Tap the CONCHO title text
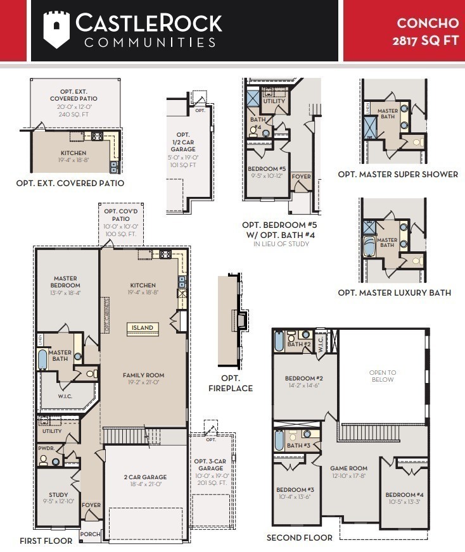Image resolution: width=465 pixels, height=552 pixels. click(428, 23)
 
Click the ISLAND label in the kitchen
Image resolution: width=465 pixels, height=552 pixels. click(143, 328)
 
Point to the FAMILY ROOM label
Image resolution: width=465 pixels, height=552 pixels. click(143, 375)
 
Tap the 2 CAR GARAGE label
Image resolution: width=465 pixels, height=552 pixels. click(145, 477)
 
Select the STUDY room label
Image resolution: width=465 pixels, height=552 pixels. click(58, 495)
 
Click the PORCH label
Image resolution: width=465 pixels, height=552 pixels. click(91, 534)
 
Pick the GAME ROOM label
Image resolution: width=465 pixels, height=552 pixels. click(348, 468)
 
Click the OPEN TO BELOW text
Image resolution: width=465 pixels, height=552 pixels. click(383, 376)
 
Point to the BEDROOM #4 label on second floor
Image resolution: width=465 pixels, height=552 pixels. click(404, 494)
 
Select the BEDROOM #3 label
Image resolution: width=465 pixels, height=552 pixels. click(295, 490)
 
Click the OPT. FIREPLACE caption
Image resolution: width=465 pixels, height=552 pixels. click(231, 384)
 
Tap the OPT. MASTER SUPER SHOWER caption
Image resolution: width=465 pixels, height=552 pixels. click(397, 174)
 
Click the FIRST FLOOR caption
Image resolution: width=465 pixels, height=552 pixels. click(46, 541)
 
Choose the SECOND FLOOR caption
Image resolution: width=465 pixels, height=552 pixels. click(299, 537)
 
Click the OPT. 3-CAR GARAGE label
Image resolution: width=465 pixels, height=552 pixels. click(212, 465)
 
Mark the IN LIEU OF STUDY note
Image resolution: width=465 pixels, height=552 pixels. click(278, 244)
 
